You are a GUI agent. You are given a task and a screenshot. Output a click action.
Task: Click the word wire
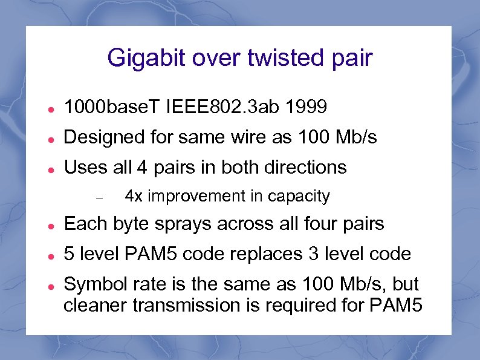pyautogui.click(x=251, y=138)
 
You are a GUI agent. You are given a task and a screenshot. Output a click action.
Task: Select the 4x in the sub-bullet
pyautogui.click(x=133, y=196)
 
